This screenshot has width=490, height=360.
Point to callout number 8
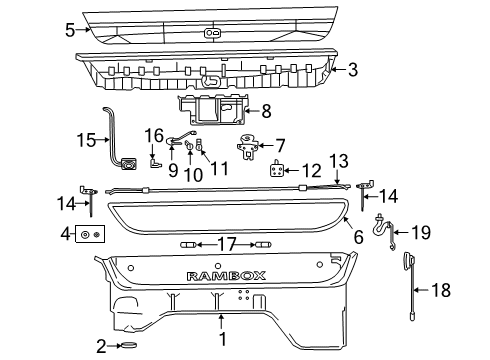(x=266, y=112)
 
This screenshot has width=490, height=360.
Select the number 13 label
(x=339, y=159)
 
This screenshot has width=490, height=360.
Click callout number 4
(x=65, y=235)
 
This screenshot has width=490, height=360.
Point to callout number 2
(x=100, y=346)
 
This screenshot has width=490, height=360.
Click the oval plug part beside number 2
(x=130, y=346)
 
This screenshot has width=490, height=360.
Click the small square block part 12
(x=277, y=170)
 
